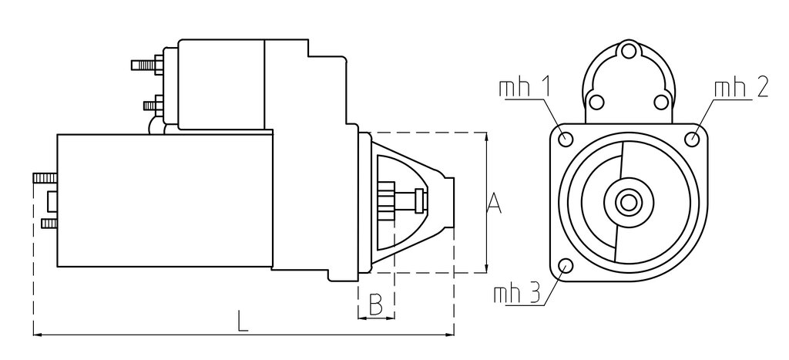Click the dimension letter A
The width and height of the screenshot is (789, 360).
(x=495, y=203)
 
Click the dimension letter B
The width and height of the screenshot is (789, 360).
(x=375, y=304)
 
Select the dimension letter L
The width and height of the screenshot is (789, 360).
(x=243, y=321)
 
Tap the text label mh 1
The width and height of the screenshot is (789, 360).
(x=524, y=88)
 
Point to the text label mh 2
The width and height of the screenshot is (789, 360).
(x=740, y=88)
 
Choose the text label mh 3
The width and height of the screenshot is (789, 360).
(x=517, y=294)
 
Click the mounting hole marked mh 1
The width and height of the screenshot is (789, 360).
(x=566, y=138)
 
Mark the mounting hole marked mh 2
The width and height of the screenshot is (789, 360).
(x=693, y=138)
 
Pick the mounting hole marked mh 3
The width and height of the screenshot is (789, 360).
(x=566, y=265)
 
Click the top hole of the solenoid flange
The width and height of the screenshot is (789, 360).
(x=629, y=51)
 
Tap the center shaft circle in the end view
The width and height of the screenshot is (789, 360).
(x=629, y=203)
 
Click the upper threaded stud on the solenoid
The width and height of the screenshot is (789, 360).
(x=147, y=65)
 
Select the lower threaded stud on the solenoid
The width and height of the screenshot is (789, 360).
(x=153, y=106)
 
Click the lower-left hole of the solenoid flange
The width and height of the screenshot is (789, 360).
(x=596, y=103)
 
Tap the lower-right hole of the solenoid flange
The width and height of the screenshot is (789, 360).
(x=661, y=103)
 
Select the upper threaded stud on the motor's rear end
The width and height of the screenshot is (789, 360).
(x=45, y=178)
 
